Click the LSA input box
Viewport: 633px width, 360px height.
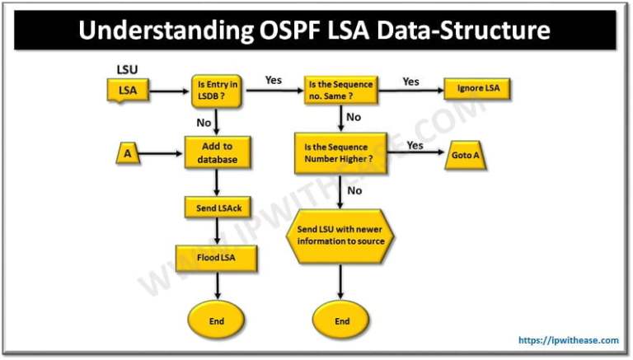[128, 91]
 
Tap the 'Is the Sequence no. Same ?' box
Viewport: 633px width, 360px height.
[341, 90]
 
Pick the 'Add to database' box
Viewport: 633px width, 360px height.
[216, 152]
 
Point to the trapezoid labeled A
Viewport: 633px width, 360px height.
[128, 152]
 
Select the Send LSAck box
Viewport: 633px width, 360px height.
[216, 209]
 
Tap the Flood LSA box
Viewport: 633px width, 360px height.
[218, 259]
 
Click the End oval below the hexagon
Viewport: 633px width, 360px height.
[341, 320]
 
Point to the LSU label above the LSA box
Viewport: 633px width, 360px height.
[127, 68]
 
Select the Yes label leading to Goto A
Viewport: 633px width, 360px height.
[416, 145]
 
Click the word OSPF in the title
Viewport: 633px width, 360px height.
[296, 32]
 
